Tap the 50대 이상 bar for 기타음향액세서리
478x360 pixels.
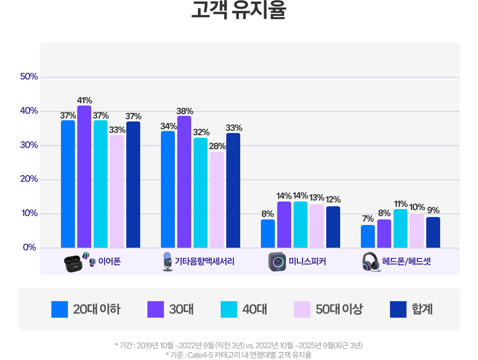[x=217, y=200]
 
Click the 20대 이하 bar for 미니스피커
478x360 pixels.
[x=268, y=233]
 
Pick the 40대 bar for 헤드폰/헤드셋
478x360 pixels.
[x=400, y=228]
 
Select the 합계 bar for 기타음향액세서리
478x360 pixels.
[x=233, y=190]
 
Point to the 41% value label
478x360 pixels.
[x=84, y=100]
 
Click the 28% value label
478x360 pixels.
[x=217, y=146]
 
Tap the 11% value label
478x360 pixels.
[x=401, y=204]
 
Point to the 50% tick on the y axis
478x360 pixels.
[x=29, y=77]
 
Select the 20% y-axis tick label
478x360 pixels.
[x=29, y=179]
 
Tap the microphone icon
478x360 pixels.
[x=168, y=262]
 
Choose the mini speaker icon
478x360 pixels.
[x=277, y=262]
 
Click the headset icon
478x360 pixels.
[x=371, y=262]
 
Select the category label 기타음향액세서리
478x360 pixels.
[x=205, y=262]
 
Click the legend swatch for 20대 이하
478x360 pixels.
[x=60, y=309]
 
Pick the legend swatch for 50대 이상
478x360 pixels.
[x=302, y=309]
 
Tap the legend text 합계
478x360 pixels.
[x=422, y=309]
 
